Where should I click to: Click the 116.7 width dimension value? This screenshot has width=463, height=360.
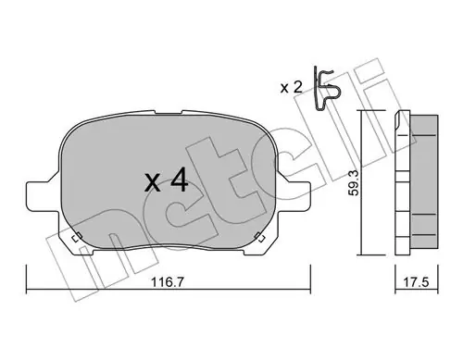pos(168,281)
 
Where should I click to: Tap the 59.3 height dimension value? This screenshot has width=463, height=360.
pos(354,183)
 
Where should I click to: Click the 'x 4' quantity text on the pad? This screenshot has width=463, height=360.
pos(167,181)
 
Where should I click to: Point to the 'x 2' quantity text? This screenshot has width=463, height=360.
pos(291,88)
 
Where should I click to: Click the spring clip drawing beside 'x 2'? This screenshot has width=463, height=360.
pos(326,88)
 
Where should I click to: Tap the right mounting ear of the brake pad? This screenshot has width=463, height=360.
pos(294,196)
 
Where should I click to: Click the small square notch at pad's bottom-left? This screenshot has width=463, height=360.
pos(76,238)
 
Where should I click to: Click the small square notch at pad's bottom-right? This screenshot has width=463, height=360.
pos(260,238)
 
